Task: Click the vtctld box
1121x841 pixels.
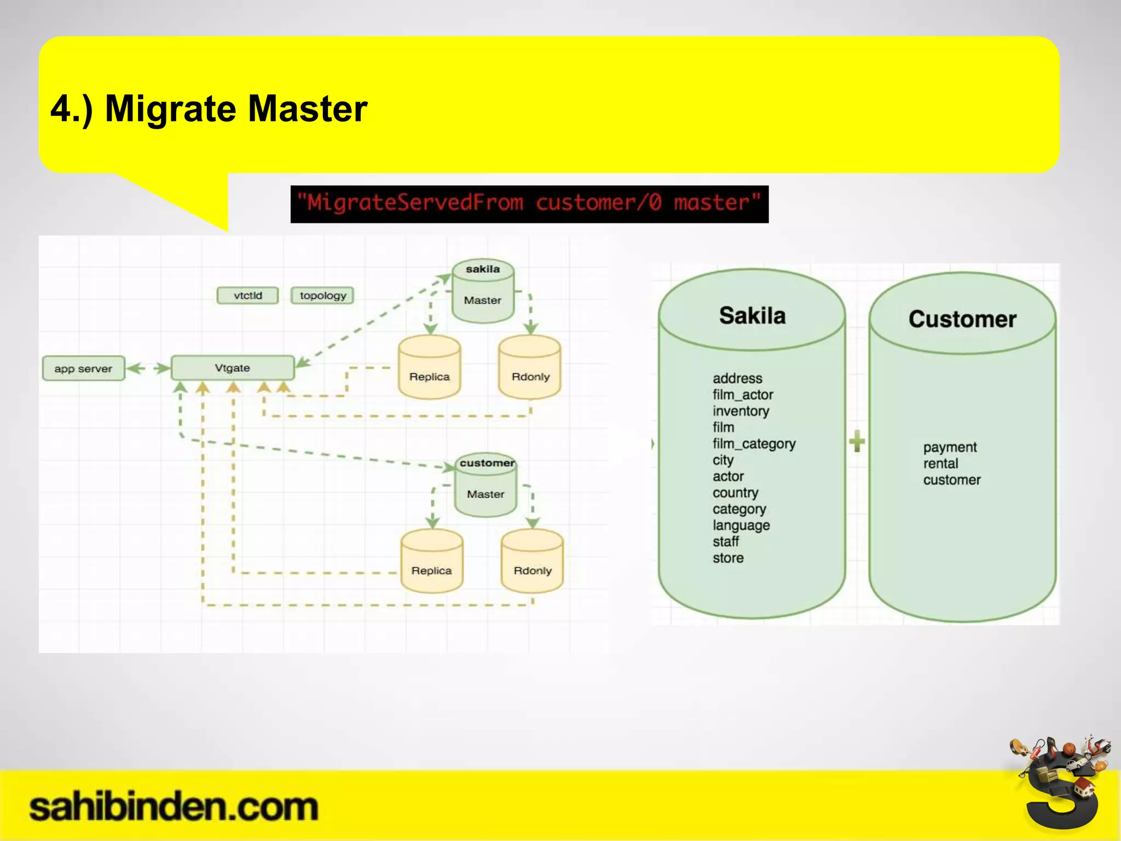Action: tap(247, 296)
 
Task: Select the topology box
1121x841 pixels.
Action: tap(322, 296)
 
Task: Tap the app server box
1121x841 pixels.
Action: tap(83, 368)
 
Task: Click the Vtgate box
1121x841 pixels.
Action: tap(233, 368)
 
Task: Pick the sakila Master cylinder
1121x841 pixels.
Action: tap(483, 293)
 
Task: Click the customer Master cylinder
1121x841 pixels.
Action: tap(486, 487)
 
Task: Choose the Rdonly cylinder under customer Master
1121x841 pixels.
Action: tap(532, 562)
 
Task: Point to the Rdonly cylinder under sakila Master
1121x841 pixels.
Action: tap(530, 368)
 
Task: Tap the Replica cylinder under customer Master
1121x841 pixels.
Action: tap(432, 562)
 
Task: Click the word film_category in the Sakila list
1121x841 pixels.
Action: tap(754, 443)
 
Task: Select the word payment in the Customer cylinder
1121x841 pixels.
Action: tap(950, 447)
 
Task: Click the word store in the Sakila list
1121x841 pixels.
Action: tap(728, 558)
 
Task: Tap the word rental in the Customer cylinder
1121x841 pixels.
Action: tap(940, 464)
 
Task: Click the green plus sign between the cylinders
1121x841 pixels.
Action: tap(857, 441)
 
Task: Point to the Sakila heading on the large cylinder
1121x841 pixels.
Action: tap(752, 316)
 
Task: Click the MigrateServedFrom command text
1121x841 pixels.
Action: tap(529, 204)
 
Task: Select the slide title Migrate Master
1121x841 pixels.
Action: tap(209, 108)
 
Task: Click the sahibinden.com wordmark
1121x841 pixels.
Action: tap(173, 807)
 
